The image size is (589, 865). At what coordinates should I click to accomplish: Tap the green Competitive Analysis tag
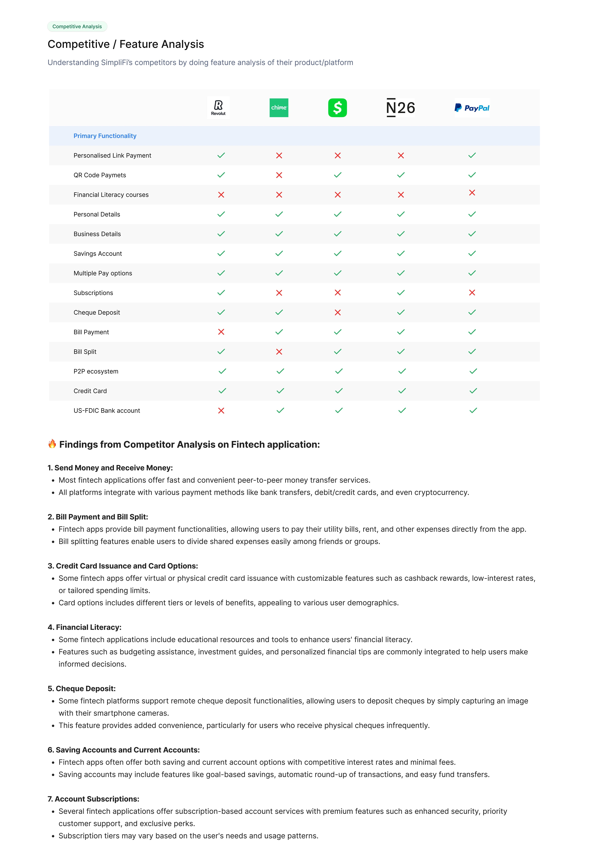pos(77,26)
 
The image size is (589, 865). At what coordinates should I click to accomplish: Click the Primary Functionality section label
pos(105,136)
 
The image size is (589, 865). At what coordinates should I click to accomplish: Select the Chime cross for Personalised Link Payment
pos(279,156)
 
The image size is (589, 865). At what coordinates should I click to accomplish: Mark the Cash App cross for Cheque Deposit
pos(338,312)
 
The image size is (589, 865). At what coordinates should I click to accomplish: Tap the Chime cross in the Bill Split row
pos(279,352)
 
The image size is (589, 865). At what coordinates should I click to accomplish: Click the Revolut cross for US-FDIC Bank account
pos(221,411)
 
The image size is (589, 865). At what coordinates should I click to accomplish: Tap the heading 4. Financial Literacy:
pos(85,627)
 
